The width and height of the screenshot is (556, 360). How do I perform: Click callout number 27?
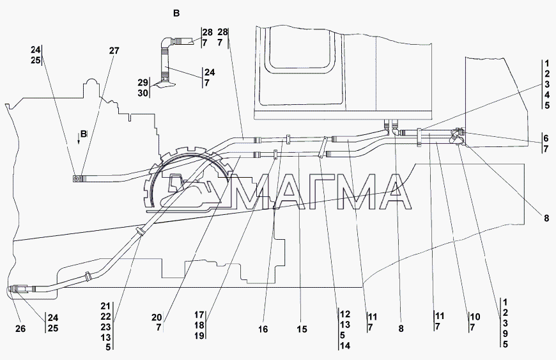coord(114,51)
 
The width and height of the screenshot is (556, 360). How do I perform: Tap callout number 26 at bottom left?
coord(20,329)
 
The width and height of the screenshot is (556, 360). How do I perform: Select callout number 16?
coord(263,329)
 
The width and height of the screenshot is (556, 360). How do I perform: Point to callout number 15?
coord(302,329)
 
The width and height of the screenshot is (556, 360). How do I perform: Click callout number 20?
coord(157,318)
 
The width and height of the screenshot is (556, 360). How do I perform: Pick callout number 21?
coord(105,306)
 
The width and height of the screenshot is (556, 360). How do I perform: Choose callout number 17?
coord(199,315)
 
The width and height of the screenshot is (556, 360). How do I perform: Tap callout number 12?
coord(345,314)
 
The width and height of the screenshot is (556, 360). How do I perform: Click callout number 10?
coord(475,317)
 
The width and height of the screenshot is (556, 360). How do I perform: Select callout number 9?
coord(506,334)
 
